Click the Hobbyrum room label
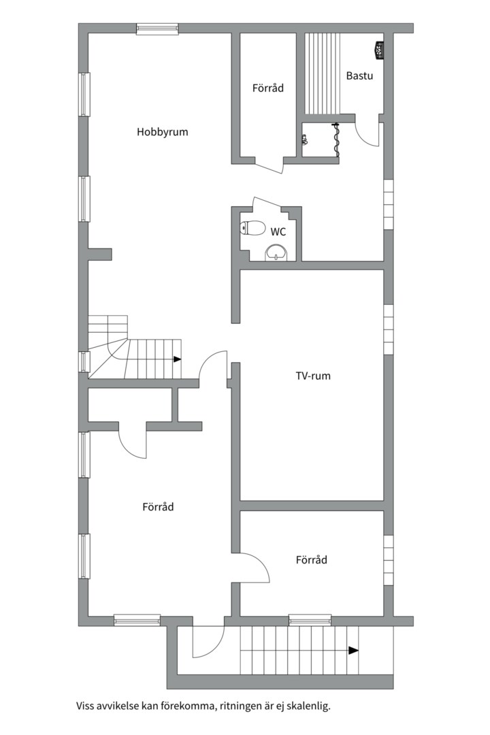162,132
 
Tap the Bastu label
359,76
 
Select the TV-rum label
313,376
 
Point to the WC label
278,231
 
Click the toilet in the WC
252,228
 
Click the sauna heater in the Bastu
379,50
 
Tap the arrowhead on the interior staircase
177,359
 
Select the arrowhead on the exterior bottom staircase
354,650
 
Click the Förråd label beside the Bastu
267,88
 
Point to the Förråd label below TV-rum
311,559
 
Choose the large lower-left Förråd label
158,507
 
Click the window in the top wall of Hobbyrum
158,29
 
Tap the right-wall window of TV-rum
388,329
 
